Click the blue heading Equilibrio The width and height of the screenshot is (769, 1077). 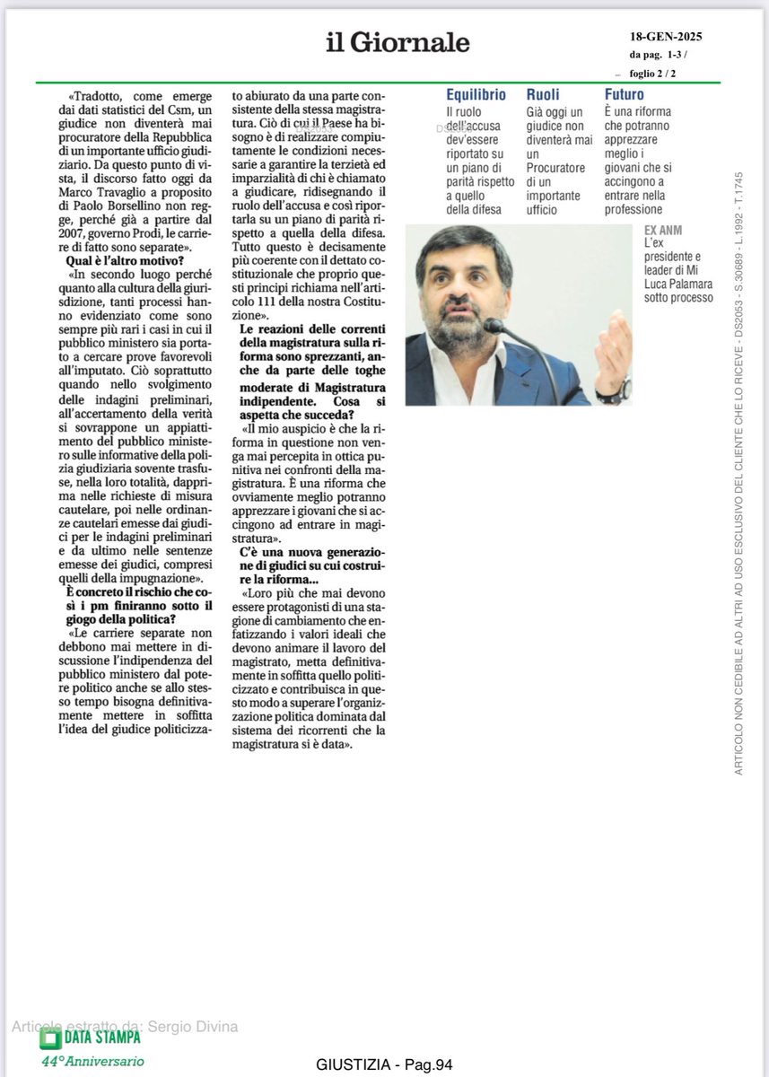pyautogui.click(x=476, y=94)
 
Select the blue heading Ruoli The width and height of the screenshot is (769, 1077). pyautogui.click(x=543, y=94)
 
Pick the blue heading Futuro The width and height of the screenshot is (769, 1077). pyautogui.click(x=624, y=94)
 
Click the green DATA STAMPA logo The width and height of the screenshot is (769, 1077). pyautogui.click(x=90, y=1038)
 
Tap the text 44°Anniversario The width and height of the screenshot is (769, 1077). pyautogui.click(x=92, y=1061)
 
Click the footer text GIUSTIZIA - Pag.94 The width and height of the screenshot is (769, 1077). pyautogui.click(x=384, y=1065)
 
